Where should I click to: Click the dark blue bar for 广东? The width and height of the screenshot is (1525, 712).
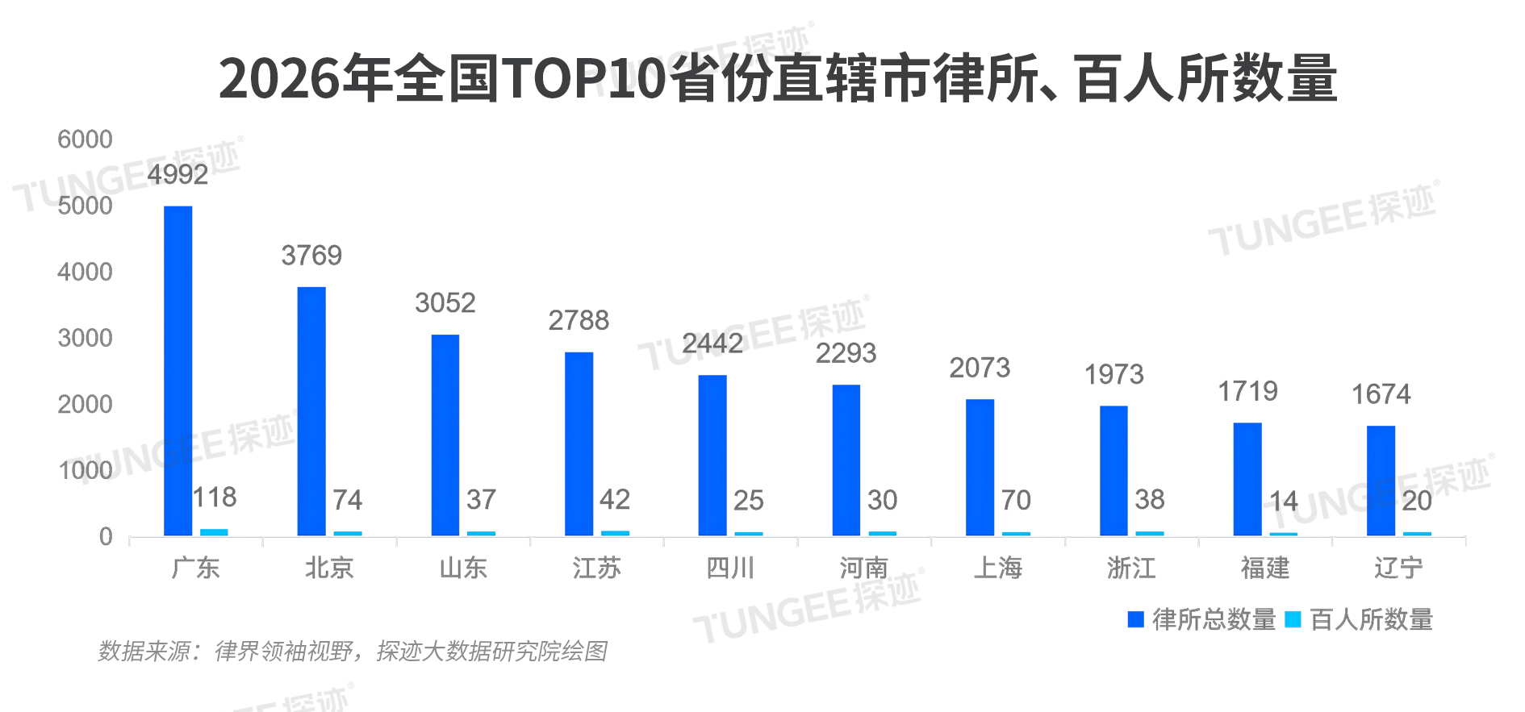click(x=178, y=371)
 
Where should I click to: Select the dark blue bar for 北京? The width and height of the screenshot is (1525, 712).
click(x=311, y=411)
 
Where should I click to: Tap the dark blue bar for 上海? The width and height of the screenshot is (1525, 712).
click(x=980, y=468)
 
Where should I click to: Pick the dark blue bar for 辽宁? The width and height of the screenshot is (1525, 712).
click(x=1381, y=481)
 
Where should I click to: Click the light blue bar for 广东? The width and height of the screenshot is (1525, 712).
click(x=214, y=532)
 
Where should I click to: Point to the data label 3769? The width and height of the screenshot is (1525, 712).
click(x=311, y=256)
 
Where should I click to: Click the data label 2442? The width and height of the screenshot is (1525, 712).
click(x=712, y=344)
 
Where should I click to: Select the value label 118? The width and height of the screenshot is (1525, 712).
click(x=215, y=497)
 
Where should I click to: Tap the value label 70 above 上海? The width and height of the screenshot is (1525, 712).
click(x=1016, y=500)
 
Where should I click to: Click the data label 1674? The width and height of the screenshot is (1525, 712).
click(x=1381, y=394)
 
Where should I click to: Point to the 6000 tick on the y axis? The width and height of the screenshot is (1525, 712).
click(x=85, y=139)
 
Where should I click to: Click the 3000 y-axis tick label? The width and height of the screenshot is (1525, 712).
click(x=85, y=338)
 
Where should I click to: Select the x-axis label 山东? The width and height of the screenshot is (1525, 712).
click(x=463, y=568)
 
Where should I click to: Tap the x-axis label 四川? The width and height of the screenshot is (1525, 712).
click(x=730, y=568)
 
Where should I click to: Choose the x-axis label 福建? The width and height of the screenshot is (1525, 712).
click(x=1265, y=568)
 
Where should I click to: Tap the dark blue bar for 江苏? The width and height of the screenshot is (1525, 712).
click(x=579, y=443)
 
